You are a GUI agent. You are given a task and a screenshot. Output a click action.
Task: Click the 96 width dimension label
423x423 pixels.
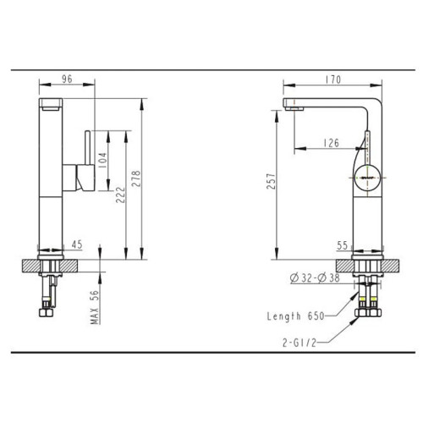tap(67, 80)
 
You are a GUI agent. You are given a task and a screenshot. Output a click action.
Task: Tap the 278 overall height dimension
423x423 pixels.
tap(136, 179)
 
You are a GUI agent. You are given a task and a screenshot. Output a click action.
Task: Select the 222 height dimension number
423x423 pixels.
tap(120, 195)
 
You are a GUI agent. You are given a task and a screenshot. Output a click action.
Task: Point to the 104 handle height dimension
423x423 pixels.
tap(102, 160)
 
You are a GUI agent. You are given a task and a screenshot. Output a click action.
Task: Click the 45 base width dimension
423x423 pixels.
tap(77, 244)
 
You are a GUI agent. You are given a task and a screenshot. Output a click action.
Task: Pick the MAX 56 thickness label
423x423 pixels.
tap(95, 307)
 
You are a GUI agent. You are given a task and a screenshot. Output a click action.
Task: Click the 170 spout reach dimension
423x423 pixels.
tap(333, 80)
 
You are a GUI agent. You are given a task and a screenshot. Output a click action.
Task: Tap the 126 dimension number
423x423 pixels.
tap(331, 143)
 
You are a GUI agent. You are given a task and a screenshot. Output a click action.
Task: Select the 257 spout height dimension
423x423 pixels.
tap(271, 181)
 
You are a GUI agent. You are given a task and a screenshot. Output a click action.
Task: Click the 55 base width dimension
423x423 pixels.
tap(343, 245)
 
